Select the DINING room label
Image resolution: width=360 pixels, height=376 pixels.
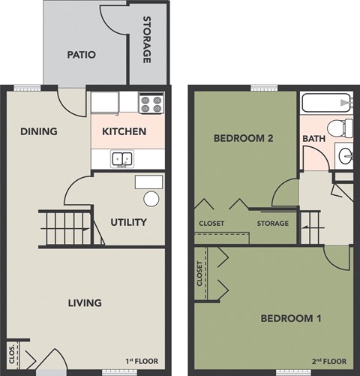coord(39,132)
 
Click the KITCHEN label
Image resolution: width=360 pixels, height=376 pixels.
coord(124,132)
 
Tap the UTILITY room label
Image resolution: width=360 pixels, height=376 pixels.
coord(128,222)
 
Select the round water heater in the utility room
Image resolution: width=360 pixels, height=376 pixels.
coord(151,199)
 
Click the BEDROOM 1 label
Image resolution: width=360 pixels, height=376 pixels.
coord(291,319)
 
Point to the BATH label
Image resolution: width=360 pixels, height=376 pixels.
coord(313,140)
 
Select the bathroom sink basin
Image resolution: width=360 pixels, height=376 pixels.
coord(344,156)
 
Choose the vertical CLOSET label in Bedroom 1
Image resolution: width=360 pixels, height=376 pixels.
coord(199,275)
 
